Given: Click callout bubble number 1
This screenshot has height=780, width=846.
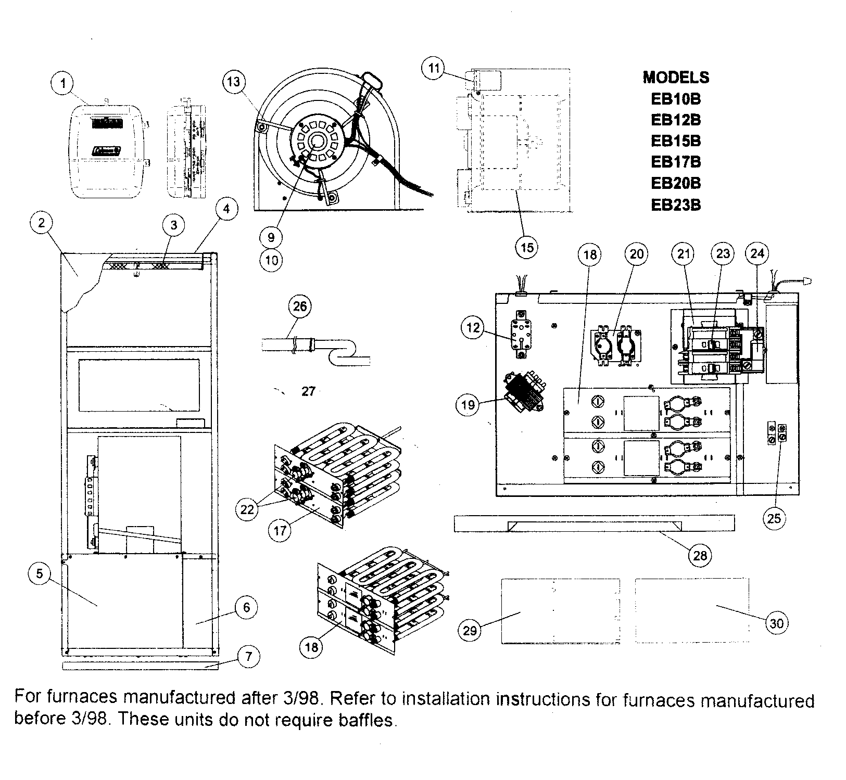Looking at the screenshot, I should coord(63,83).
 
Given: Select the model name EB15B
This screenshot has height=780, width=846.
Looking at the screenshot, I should coord(676,141).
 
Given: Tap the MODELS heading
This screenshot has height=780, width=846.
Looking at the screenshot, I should coord(676,78).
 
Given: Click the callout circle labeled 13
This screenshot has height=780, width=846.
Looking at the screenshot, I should coord(234,82).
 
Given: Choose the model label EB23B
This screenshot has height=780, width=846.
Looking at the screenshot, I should coord(676,205).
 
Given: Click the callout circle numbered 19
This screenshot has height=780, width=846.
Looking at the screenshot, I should coord(468,404).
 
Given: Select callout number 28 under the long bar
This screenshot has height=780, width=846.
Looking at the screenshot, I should coord(700,556).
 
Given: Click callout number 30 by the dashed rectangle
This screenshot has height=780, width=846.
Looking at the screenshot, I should coord(776,623).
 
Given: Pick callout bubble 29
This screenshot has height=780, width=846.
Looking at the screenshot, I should coord(470,630).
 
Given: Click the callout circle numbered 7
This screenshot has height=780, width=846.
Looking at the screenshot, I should coord(248,657).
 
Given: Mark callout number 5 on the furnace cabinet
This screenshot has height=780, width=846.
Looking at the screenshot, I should coord(40,574).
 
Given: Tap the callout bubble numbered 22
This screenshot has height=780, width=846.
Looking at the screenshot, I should coord(247,509).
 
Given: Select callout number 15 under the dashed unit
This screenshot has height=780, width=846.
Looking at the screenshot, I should coord(527,247).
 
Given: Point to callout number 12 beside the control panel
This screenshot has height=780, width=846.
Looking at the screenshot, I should coord(473,328).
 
